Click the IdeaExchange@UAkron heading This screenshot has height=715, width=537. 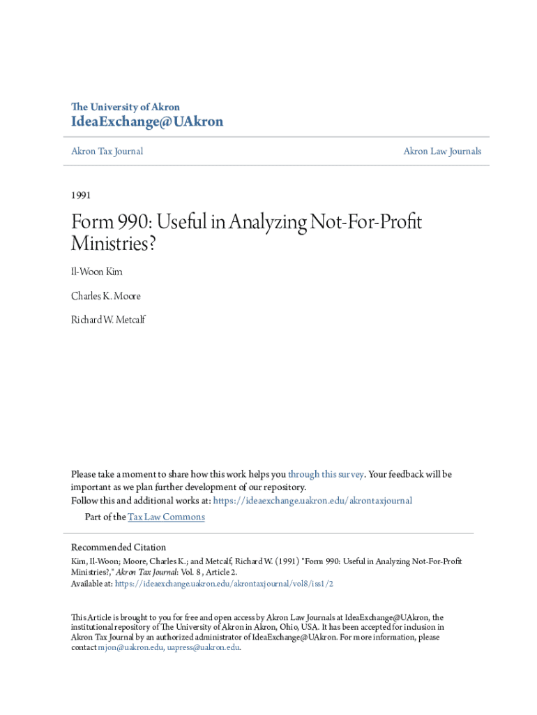[x=147, y=122]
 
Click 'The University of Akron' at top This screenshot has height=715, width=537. [x=126, y=107]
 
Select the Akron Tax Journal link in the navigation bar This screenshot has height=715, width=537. [x=107, y=152]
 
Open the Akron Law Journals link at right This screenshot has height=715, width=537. [x=442, y=152]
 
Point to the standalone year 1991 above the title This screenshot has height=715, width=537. [x=81, y=195]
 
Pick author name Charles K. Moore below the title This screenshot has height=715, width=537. [x=105, y=295]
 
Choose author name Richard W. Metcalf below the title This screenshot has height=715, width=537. [x=108, y=320]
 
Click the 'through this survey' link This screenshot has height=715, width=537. [x=326, y=474]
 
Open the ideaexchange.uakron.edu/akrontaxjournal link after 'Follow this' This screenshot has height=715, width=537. [x=312, y=501]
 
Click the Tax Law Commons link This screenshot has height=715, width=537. [x=166, y=517]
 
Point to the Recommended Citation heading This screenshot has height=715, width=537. [x=119, y=547]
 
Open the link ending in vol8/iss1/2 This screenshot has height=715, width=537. [x=224, y=584]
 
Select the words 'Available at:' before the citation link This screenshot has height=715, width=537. [x=91, y=584]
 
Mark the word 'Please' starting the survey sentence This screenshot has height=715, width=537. [x=84, y=474]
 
